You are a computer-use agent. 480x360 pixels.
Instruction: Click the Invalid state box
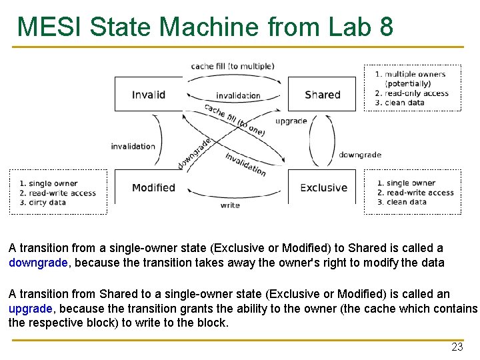point(148,94)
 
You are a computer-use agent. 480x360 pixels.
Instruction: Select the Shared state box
point(323,94)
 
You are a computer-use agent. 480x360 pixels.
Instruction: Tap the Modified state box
point(153,187)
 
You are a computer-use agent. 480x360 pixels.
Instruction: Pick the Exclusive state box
point(323,187)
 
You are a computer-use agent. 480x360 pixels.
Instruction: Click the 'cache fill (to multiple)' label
point(232,66)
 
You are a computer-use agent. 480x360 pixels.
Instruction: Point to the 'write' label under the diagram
point(230,205)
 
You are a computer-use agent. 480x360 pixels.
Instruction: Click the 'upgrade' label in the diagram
point(291,121)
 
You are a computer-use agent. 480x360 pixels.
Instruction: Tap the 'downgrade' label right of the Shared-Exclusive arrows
point(360,155)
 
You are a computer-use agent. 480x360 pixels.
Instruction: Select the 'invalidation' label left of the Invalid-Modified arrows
point(133,146)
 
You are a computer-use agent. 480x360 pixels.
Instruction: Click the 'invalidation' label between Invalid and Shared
point(238,96)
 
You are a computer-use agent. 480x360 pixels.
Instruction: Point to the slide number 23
point(457,347)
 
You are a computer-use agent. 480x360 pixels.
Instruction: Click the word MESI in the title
point(49,27)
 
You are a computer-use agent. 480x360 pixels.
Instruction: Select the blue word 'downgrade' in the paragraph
point(38,263)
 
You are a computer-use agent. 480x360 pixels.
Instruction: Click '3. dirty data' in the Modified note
point(43,203)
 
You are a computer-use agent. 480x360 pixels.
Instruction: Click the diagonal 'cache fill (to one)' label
point(235,119)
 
